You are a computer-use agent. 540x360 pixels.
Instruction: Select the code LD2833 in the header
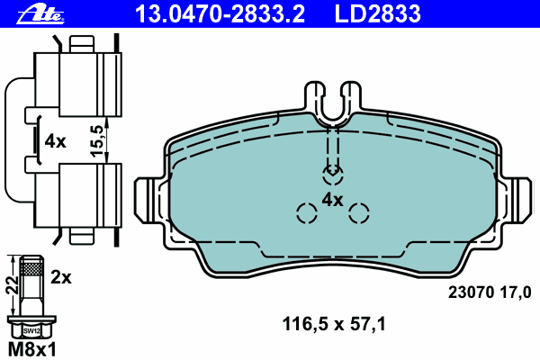(378, 13)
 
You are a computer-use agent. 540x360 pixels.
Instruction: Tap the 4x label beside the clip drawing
(56, 141)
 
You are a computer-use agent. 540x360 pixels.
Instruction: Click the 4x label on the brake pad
(333, 199)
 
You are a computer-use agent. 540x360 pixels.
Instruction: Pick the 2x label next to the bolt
(61, 278)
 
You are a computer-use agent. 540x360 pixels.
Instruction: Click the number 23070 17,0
(490, 291)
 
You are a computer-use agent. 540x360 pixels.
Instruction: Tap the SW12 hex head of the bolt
(31, 330)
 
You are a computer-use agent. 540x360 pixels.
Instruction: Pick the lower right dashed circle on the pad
(359, 213)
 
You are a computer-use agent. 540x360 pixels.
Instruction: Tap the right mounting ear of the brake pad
(518, 200)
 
